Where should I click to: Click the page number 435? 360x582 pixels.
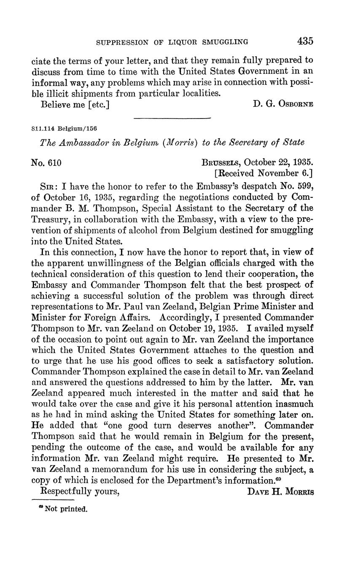tap(305, 41)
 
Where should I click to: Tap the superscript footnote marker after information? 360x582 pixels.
tap(279, 478)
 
